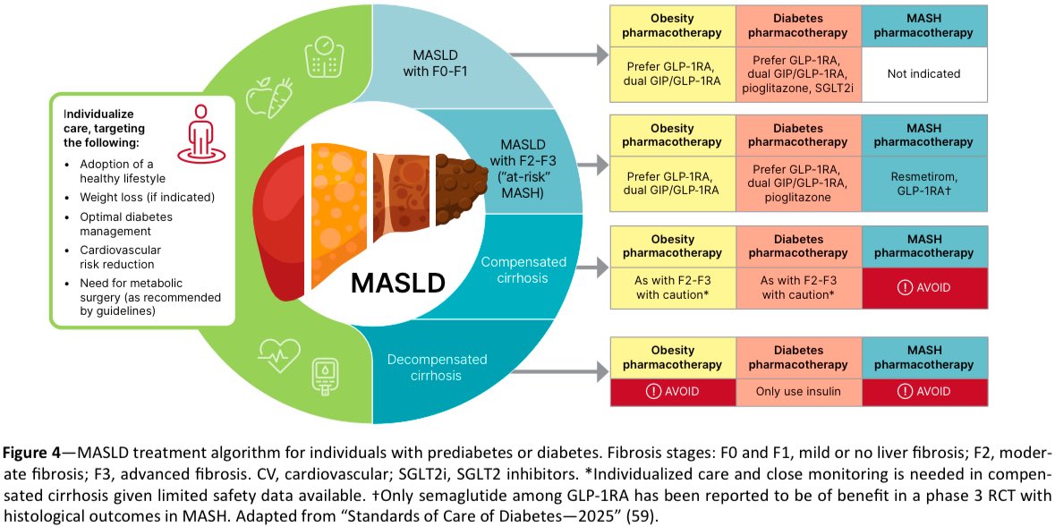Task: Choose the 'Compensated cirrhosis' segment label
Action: coord(523,269)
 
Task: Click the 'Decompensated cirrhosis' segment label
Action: coord(437,367)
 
